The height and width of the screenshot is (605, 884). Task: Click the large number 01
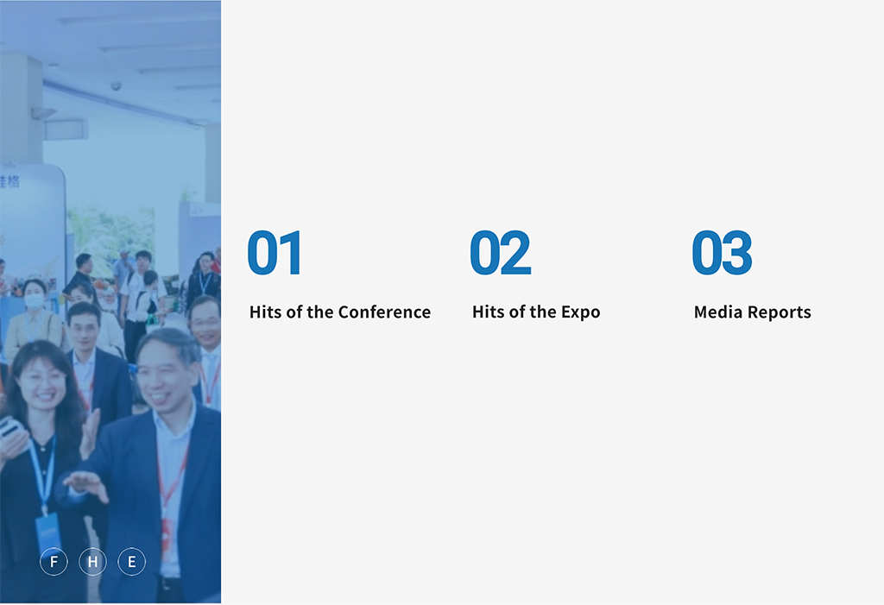point(274,252)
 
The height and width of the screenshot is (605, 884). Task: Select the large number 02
point(500,252)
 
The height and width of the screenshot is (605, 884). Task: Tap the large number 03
point(722,252)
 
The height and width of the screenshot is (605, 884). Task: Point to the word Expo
point(581,313)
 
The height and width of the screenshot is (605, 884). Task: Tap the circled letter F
point(54,562)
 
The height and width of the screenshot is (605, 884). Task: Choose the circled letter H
point(92,562)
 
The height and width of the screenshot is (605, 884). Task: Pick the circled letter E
point(131,562)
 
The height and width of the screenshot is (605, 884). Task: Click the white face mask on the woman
point(35,300)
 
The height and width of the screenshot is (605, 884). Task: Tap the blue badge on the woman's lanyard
point(48,532)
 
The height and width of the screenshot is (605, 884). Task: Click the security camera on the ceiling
point(116,85)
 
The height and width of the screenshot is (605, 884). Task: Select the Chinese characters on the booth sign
point(9,181)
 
